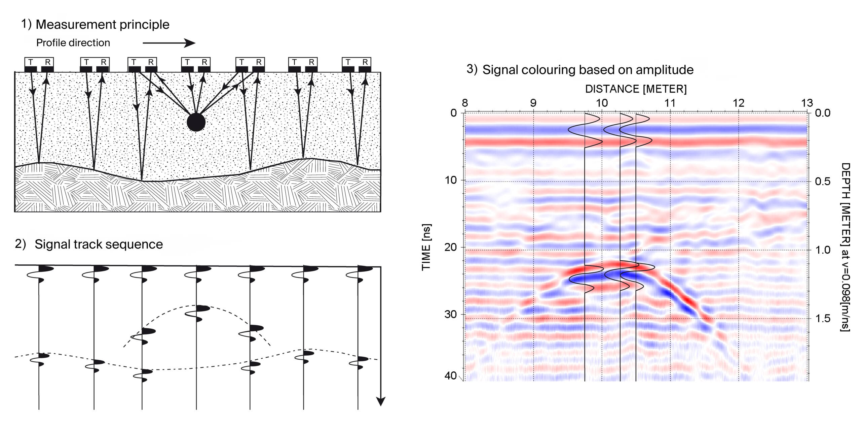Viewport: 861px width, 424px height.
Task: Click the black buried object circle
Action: pos(196,122)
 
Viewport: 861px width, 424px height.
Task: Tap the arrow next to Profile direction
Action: pos(169,43)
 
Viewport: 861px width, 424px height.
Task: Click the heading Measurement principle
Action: pos(102,25)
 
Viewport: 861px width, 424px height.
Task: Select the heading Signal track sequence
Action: pos(99,244)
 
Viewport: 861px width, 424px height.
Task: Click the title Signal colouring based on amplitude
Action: pos(588,70)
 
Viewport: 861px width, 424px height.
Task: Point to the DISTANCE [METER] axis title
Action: pos(636,89)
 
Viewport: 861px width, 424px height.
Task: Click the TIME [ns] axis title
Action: pos(426,247)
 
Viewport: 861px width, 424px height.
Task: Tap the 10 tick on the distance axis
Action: pos(602,103)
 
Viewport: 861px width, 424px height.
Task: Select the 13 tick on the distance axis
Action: pos(807,103)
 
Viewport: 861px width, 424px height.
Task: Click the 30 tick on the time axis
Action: pos(450,314)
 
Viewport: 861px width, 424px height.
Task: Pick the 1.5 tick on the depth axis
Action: pos(822,318)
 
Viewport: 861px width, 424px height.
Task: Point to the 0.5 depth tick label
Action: pos(822,181)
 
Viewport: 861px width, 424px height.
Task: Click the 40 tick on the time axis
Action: pos(450,375)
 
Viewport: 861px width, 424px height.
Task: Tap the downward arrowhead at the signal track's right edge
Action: pos(380,401)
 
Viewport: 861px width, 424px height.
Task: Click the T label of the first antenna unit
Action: pos(31,62)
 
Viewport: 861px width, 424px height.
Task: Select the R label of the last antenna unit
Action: pos(365,62)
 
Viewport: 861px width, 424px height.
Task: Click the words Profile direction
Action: pos(73,43)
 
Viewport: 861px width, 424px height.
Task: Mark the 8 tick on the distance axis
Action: pos(465,103)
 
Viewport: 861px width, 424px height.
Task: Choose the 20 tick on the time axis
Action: pos(450,247)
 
